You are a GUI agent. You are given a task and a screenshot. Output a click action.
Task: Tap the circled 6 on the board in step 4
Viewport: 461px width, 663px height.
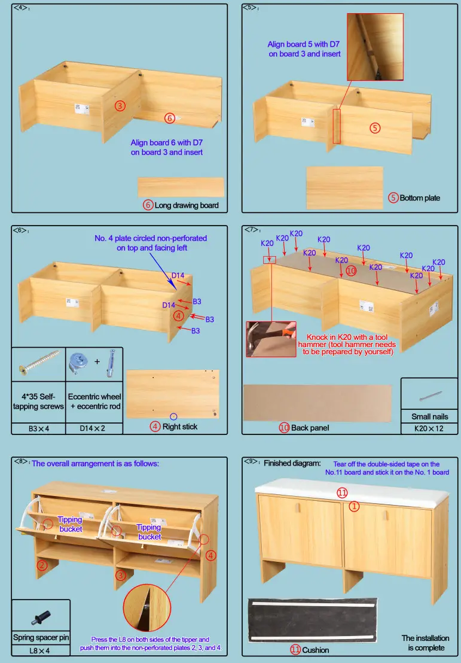170,118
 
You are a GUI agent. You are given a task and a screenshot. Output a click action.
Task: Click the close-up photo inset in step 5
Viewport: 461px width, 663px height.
375,47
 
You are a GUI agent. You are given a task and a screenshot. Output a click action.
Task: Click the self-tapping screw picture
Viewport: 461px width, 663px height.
39,365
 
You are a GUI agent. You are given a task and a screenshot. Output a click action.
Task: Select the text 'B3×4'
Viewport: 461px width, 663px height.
38,428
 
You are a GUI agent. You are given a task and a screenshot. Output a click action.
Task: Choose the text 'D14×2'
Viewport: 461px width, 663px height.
94,428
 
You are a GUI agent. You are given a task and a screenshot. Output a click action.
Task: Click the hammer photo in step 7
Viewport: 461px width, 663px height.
271,339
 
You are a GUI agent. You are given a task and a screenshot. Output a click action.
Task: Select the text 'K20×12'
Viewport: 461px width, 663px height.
430,428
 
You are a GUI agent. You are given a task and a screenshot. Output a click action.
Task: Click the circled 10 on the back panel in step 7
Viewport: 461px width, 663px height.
351,270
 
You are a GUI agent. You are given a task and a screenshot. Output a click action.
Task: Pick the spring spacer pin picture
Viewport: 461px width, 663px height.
41,617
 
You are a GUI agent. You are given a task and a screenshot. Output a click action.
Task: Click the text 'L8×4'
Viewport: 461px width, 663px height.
41,650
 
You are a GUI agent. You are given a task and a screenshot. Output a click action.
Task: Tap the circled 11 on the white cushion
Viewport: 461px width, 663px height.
341,492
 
